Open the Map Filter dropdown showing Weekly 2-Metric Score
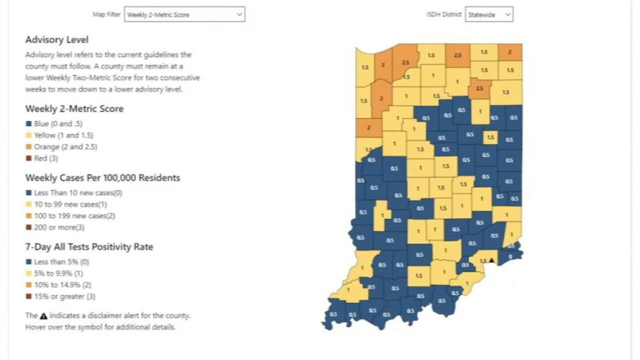pos(184,14)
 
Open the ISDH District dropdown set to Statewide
pos(489,14)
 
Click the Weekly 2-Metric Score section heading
pos(74,109)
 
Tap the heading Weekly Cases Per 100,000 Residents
pos(102,178)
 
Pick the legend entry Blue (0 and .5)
pos(60,124)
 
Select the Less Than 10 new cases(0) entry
pos(74,193)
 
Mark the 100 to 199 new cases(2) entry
pos(71,216)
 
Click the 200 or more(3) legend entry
pos(58,228)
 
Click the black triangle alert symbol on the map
pos(492,260)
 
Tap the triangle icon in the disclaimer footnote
pos(44,315)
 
